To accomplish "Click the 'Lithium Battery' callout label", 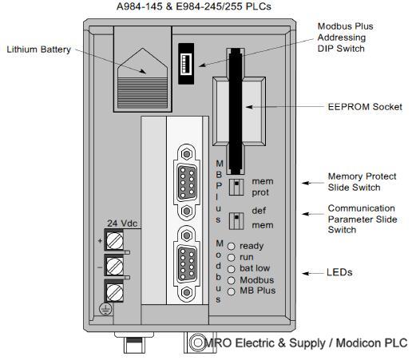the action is point(39,49).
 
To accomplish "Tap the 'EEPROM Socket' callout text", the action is point(365,107).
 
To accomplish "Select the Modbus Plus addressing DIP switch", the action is point(186,64).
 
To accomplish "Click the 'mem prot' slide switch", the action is point(236,187).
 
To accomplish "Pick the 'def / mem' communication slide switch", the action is point(236,221).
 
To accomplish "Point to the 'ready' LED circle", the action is point(232,246).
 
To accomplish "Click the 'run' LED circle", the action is point(232,258).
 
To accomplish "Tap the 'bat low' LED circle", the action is point(232,269).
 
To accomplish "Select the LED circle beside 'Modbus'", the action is point(232,280).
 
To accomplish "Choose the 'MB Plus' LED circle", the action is point(232,292).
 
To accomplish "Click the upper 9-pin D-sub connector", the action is point(187,182).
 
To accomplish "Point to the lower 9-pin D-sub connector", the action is point(187,264).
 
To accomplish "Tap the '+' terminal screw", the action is point(115,241).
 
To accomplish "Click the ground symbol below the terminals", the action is point(105,309).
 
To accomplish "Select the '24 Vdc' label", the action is point(122,224).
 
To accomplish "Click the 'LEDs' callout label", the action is point(339,272).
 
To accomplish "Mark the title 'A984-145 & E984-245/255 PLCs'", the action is point(194,6).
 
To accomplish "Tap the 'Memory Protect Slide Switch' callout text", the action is point(362,182).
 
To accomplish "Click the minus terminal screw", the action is point(115,266).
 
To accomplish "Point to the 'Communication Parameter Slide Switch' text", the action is point(362,219).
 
